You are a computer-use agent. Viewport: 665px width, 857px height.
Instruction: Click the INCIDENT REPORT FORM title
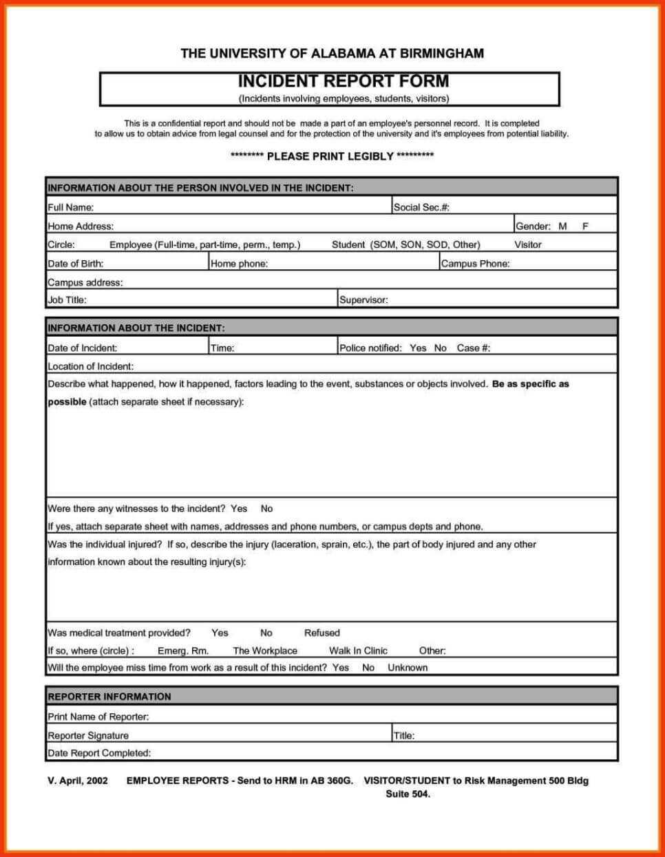click(343, 81)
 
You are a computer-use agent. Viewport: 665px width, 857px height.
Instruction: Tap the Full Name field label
click(70, 207)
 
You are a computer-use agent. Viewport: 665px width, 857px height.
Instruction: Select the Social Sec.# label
click(421, 207)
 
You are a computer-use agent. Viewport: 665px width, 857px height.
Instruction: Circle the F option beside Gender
click(585, 226)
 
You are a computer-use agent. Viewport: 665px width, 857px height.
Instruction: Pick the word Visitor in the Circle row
click(527, 244)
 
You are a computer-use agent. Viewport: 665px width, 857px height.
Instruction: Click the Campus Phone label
click(475, 264)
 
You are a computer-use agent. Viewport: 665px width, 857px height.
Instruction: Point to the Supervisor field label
click(363, 300)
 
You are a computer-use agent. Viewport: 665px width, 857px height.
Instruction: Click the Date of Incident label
click(82, 348)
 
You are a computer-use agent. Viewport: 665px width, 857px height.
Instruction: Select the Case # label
click(473, 348)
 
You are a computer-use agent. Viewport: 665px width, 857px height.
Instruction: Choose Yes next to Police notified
click(418, 348)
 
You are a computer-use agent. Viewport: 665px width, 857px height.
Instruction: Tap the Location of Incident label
click(90, 366)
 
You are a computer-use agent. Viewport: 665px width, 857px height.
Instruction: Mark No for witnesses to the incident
click(266, 509)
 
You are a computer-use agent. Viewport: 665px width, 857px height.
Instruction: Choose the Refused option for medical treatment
click(321, 633)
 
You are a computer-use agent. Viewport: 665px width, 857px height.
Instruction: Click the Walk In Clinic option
click(358, 650)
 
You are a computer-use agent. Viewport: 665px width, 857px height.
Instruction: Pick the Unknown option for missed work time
click(407, 668)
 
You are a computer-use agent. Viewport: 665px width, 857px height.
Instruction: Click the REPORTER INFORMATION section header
click(109, 697)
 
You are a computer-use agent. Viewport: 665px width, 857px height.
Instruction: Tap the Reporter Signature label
click(88, 735)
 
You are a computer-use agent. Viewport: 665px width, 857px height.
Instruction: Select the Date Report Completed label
click(99, 753)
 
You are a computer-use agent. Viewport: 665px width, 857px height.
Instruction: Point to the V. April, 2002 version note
click(78, 781)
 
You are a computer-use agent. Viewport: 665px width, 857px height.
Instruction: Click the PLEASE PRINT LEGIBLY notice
click(332, 156)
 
